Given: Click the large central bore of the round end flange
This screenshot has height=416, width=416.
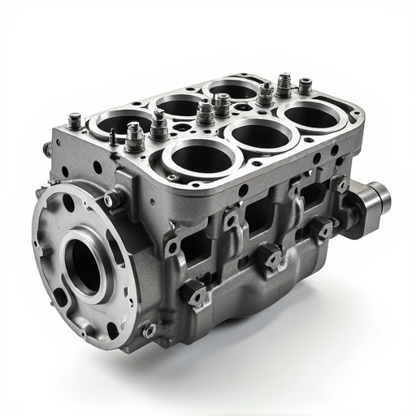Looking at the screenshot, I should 82,265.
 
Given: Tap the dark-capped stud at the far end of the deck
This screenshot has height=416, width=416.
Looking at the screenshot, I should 305,84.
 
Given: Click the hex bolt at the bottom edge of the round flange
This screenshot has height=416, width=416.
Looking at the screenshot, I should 149,329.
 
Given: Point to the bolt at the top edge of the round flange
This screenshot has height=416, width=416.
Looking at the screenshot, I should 113,197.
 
